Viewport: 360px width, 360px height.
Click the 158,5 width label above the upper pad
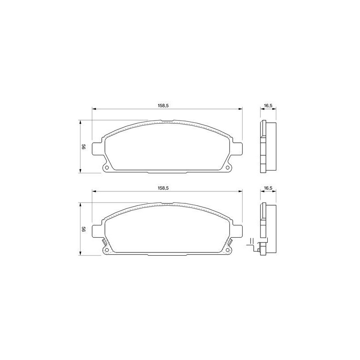click(163, 106)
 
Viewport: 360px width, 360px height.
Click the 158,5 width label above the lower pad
click(163, 188)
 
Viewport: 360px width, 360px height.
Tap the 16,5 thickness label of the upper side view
click(268, 106)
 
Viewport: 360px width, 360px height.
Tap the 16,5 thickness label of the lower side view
click(268, 188)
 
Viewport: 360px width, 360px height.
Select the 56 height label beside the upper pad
click(84, 147)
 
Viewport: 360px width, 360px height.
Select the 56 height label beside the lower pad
click(84, 229)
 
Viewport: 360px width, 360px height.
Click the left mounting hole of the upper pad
click(107, 167)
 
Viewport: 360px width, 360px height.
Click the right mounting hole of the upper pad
click(228, 167)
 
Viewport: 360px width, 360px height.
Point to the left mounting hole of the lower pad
click(107, 250)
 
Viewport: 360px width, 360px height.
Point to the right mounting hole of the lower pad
click(228, 250)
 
